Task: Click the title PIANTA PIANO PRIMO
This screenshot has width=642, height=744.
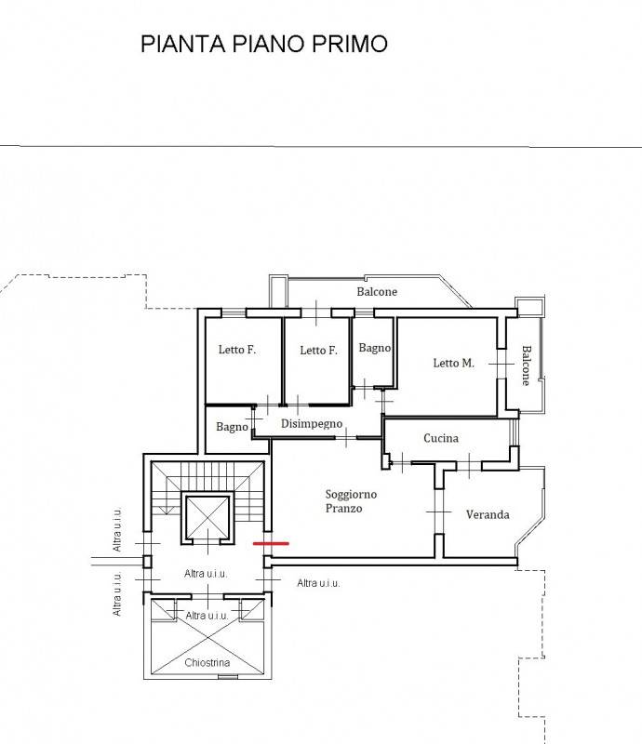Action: pos(264,44)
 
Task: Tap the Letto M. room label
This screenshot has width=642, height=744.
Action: pos(453,363)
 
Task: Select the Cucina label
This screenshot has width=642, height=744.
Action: pos(441,438)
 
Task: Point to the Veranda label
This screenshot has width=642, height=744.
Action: pos(488,515)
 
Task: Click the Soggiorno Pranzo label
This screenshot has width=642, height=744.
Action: pos(351,501)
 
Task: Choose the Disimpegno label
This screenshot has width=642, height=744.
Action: pos(312,424)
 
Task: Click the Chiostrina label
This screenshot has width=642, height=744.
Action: pos(207,662)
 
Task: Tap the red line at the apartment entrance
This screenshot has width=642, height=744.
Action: pos(271,543)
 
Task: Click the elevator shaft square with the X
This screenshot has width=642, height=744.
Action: pos(207,517)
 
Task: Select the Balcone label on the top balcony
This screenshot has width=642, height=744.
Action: pos(377,291)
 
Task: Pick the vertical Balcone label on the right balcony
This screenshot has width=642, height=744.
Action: pos(527,365)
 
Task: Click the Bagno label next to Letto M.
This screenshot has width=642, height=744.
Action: pos(375,348)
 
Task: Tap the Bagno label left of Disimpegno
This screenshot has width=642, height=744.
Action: pos(232,427)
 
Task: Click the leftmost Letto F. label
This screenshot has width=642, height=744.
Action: pos(237,350)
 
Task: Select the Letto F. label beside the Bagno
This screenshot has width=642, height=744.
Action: pos(318,351)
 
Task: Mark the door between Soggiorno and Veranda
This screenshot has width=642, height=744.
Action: pos(439,512)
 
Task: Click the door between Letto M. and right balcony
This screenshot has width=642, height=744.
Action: pos(502,364)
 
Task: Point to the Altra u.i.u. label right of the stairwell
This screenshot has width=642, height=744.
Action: pos(318,583)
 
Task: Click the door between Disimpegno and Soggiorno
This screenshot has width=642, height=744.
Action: pos(347,437)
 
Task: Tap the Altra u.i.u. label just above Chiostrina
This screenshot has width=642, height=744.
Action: pos(207,616)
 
